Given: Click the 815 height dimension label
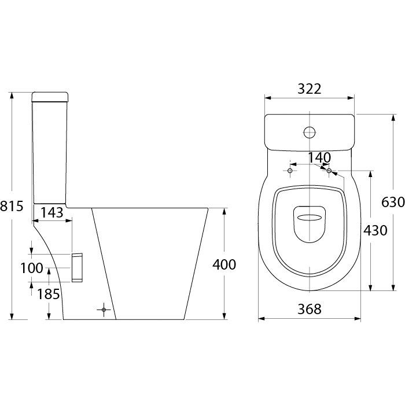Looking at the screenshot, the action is [12, 206].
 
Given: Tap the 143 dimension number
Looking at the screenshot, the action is [52, 212].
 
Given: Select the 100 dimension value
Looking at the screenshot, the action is [32, 268].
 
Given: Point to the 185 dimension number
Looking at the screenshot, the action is [48, 294].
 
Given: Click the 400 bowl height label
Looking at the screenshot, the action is [224, 264].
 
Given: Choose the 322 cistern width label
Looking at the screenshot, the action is [310, 89].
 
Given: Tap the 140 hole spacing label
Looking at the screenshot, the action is [319, 157].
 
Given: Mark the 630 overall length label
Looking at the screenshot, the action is [393, 202].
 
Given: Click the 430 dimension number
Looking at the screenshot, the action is [375, 230].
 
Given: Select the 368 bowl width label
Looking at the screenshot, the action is [310, 308].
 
